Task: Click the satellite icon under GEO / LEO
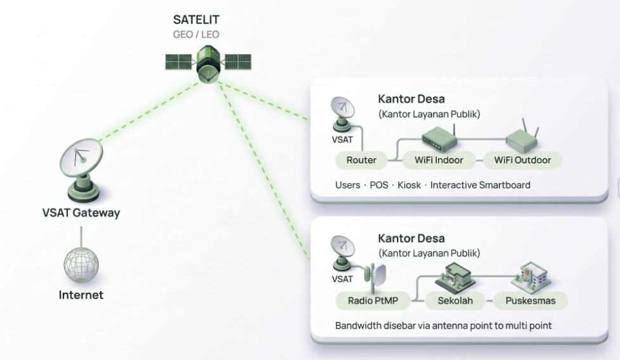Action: (208, 63)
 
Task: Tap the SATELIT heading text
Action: (196, 20)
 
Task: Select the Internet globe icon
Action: (81, 264)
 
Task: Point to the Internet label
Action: (81, 295)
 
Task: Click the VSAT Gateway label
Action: (81, 212)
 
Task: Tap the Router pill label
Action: (361, 160)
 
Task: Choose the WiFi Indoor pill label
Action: (439, 160)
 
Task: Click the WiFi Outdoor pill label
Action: (523, 160)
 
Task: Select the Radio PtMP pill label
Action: (373, 300)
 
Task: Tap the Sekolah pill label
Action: (455, 300)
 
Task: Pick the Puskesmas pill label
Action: (531, 300)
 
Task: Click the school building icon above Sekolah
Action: (455, 276)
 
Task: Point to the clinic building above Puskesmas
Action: (531, 276)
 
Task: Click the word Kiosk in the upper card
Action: (409, 185)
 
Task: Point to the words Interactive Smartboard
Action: (480, 185)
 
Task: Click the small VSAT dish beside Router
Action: (342, 114)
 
